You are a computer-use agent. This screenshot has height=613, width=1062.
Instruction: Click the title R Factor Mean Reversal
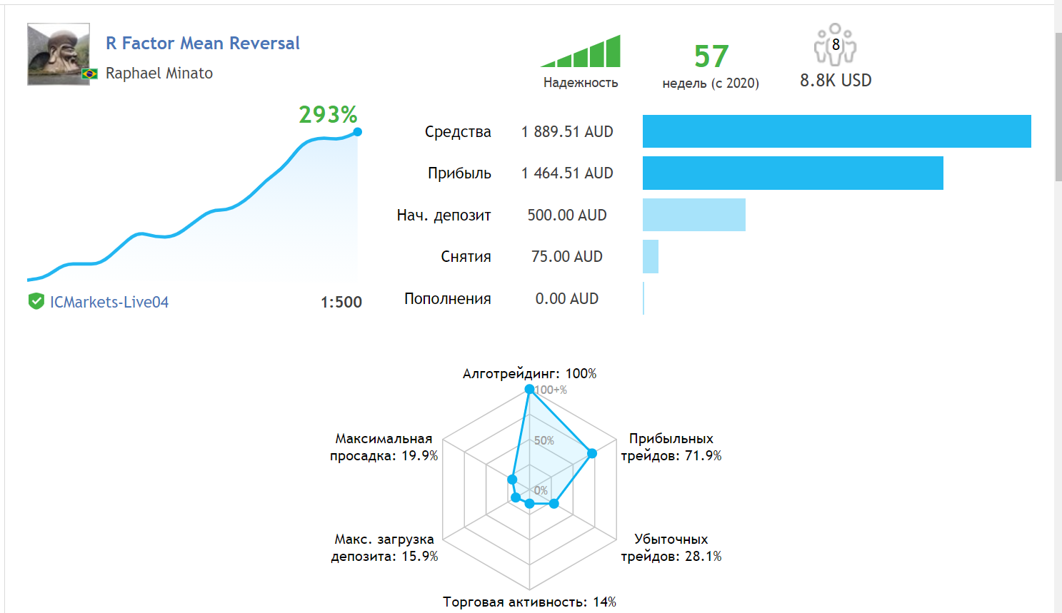pos(203,44)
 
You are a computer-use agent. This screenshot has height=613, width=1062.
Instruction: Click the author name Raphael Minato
pos(159,74)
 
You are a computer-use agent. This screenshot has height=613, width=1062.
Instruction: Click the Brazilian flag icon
pos(90,74)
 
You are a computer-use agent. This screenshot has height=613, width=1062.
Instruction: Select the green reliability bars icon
pos(581,52)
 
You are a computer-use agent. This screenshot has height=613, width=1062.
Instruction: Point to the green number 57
pos(711,56)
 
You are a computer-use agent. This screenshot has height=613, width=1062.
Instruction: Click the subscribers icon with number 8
pos(835,45)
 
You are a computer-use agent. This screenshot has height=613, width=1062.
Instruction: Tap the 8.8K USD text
pos(836,81)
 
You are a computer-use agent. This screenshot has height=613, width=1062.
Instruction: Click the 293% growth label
pos(328,114)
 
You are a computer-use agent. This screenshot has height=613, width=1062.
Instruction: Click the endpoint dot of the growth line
pos(358,131)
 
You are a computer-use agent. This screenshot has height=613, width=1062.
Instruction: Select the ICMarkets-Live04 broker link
pos(109,303)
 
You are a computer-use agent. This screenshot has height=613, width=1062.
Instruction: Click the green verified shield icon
pos(36,302)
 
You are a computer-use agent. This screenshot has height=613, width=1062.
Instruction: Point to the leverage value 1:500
pos(341,303)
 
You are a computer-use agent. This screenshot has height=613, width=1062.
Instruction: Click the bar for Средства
pos(836,131)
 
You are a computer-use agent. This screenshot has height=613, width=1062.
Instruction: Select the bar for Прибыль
pos(793,173)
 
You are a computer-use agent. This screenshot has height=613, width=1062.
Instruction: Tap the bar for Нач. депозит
pos(693,215)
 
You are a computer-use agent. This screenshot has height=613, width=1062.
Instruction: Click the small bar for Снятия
pos(651,257)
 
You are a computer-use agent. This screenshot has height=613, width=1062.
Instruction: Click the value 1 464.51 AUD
pos(567,173)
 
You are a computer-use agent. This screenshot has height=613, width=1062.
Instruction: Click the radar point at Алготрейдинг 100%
pos(529,389)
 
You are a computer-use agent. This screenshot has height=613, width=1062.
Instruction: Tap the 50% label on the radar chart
pos(544,441)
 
